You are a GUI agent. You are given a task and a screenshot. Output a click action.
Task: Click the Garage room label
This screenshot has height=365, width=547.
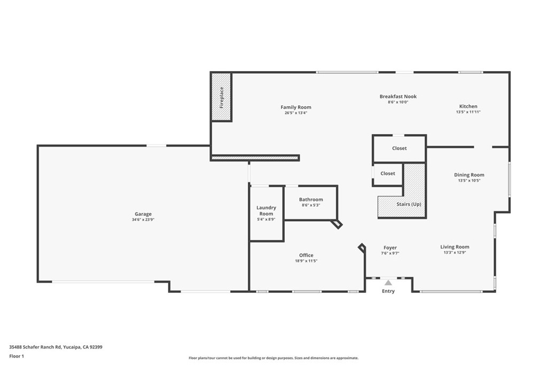tap(143, 214)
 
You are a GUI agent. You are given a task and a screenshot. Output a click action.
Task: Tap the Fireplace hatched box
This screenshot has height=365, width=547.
tap(221, 97)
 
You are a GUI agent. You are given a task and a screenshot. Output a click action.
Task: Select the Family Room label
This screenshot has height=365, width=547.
tap(296, 107)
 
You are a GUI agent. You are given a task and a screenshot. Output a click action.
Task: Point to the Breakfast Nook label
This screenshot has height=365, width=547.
tap(398, 97)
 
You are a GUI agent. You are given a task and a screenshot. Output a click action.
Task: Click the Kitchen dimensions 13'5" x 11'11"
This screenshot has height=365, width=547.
tap(468, 112)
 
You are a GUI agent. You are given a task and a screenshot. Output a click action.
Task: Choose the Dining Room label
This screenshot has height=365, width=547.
tap(469, 175)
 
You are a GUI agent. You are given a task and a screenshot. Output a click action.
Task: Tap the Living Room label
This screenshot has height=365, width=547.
tap(455, 247)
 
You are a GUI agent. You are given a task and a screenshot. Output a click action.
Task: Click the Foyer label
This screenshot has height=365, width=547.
tap(390, 247)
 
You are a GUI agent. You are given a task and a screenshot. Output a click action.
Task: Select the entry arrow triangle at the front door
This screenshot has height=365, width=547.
tap(388, 283)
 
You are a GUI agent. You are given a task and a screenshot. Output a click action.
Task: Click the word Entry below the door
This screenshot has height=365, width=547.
tap(388, 291)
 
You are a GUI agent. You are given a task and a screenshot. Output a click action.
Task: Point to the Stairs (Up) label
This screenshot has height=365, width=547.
tap(409, 204)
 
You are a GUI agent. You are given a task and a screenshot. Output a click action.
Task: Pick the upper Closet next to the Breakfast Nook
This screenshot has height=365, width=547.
tap(399, 149)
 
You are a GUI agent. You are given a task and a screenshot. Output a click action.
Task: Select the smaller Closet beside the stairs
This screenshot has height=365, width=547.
tap(388, 174)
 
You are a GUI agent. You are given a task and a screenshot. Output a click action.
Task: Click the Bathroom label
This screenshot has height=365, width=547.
tap(311, 199)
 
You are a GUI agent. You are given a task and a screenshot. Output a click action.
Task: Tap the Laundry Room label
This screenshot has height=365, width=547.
tap(266, 211)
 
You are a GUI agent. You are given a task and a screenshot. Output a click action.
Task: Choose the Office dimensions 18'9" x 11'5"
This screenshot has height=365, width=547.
tap(306, 261)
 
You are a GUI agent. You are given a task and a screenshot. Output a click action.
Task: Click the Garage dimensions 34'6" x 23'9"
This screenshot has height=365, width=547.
tap(143, 220)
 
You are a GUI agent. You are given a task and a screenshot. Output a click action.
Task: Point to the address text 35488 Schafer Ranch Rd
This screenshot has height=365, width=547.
tap(56, 347)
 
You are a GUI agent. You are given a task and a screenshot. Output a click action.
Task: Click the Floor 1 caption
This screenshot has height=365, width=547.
tap(18, 356)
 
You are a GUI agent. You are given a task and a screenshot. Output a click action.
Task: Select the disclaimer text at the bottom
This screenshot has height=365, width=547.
tap(273, 358)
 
